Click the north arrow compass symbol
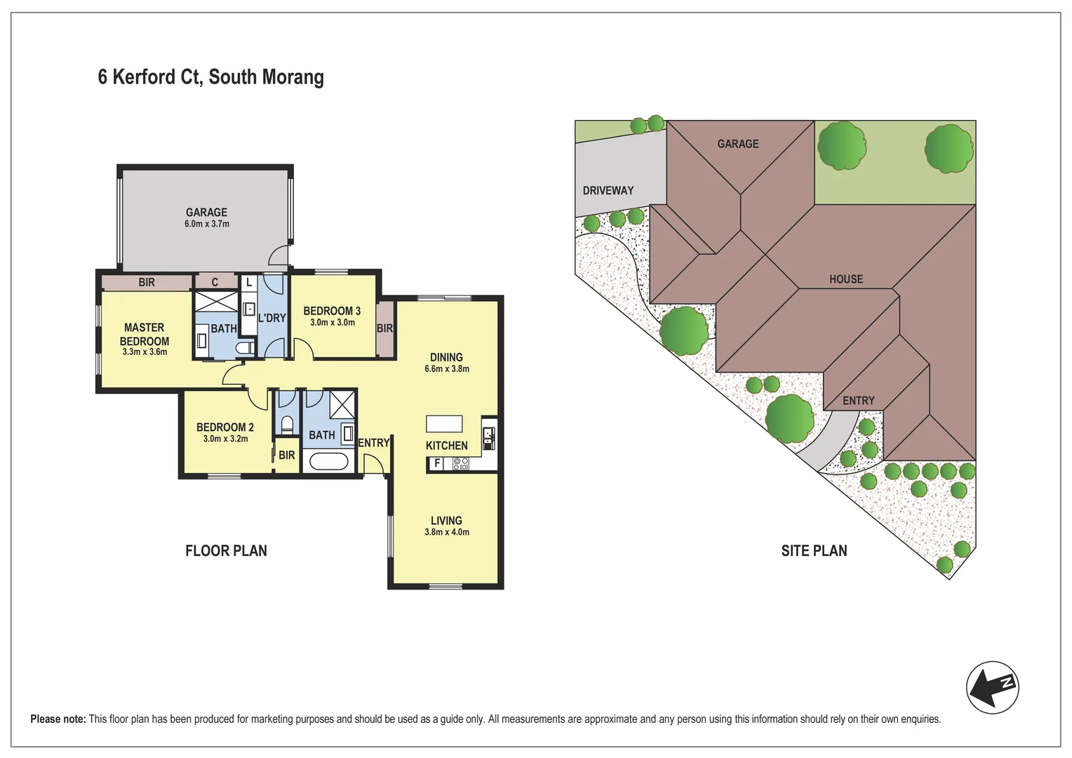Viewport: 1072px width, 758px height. click(x=992, y=687)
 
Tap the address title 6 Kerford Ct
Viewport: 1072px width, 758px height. click(x=210, y=77)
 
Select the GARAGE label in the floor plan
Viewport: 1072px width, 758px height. click(x=206, y=212)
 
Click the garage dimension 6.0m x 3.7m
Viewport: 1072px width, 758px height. click(x=207, y=224)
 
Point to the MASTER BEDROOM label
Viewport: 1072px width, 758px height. click(x=145, y=334)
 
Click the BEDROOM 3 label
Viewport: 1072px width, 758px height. click(x=332, y=311)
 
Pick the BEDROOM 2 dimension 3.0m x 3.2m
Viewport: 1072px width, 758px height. click(x=225, y=439)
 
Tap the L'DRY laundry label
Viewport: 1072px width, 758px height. click(x=272, y=318)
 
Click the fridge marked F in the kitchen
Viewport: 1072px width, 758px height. click(x=437, y=463)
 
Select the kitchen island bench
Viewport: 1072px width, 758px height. click(x=444, y=424)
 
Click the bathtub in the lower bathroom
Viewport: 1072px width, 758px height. click(x=328, y=462)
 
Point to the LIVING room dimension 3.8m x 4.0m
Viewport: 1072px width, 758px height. click(x=447, y=532)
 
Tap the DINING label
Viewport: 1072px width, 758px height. click(x=446, y=357)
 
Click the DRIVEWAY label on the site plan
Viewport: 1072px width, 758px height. click(x=608, y=190)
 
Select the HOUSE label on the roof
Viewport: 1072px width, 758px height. click(x=846, y=279)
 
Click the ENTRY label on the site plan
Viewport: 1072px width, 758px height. click(x=859, y=401)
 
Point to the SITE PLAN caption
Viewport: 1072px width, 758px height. click(x=814, y=551)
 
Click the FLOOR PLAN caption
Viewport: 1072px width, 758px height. click(x=226, y=551)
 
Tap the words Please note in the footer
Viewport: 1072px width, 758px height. click(x=58, y=719)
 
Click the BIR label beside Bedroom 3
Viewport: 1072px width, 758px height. click(x=384, y=328)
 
